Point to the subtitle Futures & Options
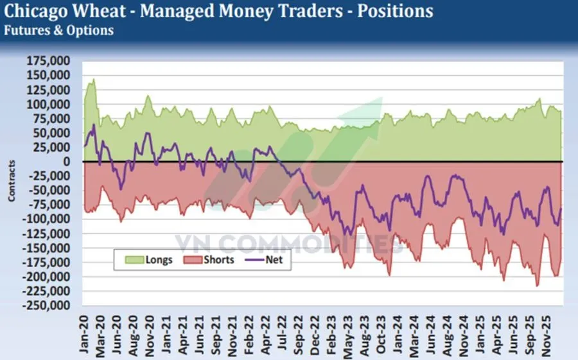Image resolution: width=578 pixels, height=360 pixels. coord(58,30)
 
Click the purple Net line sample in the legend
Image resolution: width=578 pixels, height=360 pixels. coord(257,261)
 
